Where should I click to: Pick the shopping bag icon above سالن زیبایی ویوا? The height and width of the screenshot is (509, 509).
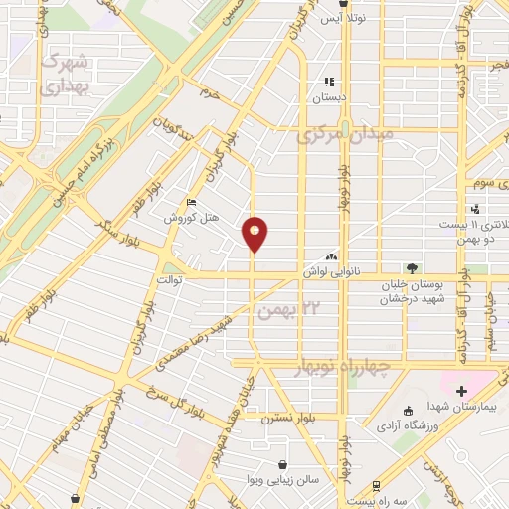(x=284, y=464)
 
